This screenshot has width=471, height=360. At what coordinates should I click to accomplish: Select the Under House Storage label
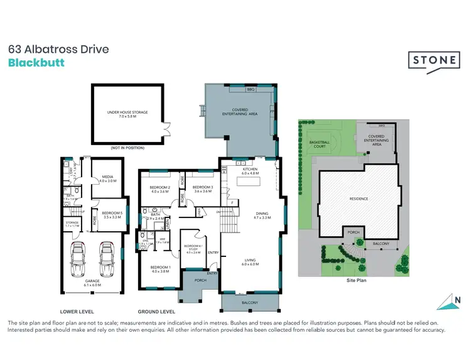tap(127, 113)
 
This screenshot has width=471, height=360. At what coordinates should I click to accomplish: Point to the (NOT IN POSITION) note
tap(127, 148)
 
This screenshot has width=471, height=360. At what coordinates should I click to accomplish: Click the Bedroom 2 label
tap(160, 190)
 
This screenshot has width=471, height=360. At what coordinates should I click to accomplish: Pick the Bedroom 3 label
tap(203, 190)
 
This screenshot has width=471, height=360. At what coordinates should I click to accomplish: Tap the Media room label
tap(107, 179)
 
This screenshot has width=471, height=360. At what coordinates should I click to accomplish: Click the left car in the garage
tap(79, 259)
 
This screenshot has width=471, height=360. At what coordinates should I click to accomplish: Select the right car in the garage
tap(105, 259)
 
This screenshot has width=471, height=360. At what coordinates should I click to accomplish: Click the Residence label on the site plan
tap(359, 199)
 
